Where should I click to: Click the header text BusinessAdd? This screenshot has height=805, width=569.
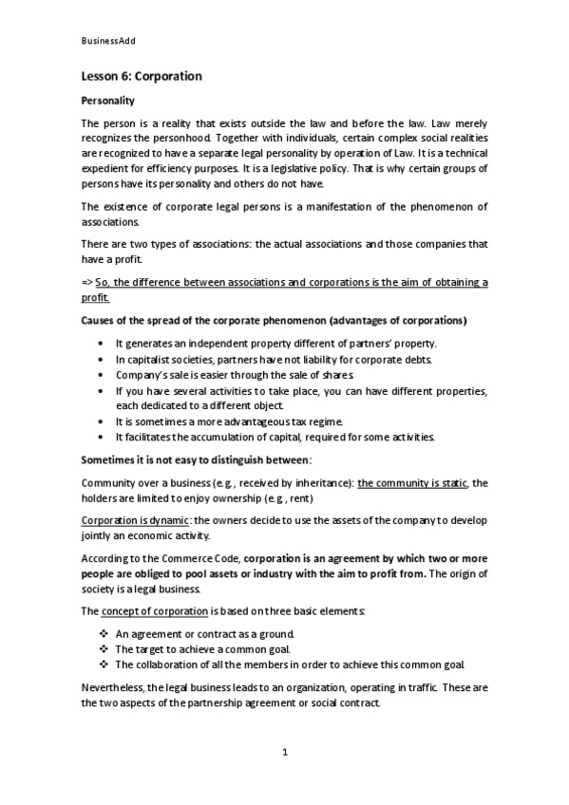(109, 42)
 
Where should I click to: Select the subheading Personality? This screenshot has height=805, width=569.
(108, 101)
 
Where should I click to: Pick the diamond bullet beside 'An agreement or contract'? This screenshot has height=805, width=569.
(103, 633)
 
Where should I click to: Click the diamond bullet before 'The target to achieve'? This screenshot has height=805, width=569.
(103, 649)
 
